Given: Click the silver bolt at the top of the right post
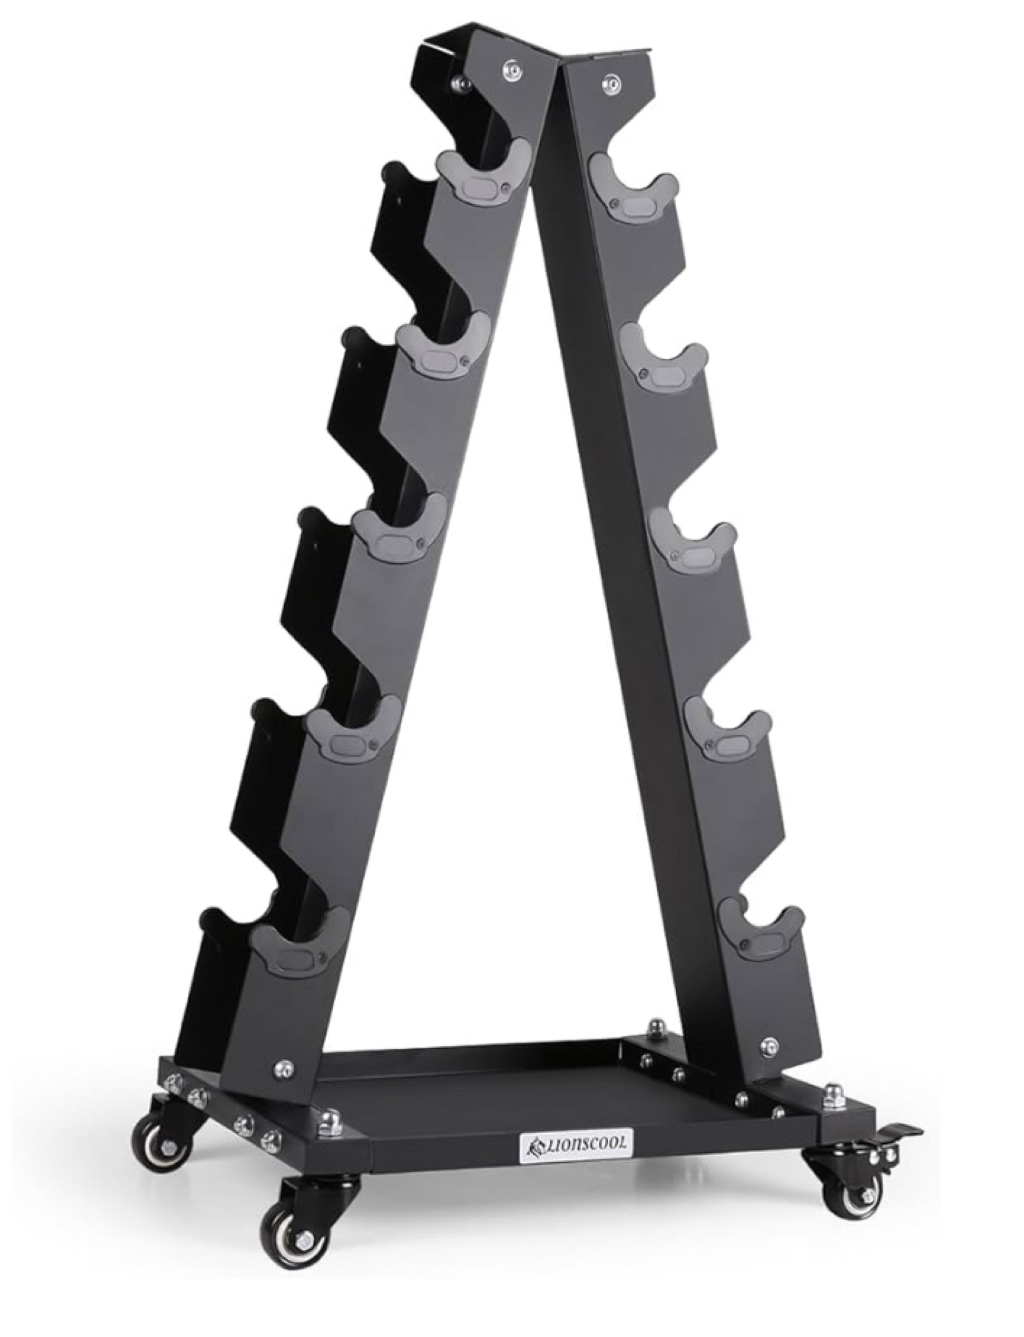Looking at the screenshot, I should (611, 82).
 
